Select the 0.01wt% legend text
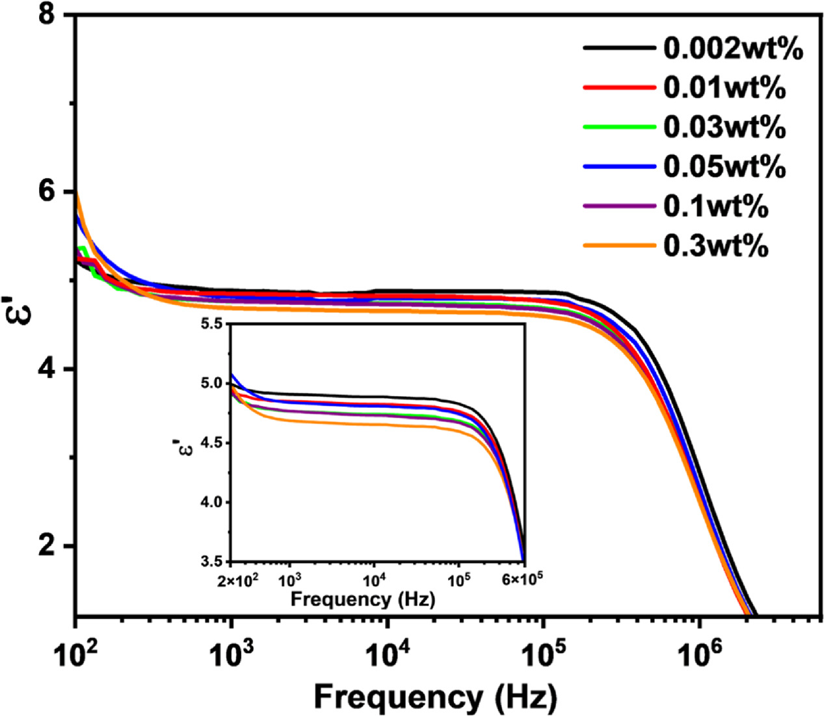[x=724, y=88]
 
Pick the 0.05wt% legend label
[x=724, y=166]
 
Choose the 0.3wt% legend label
[x=715, y=245]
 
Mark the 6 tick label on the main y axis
[x=47, y=192]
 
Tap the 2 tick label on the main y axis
[x=47, y=546]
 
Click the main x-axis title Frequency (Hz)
[x=436, y=697]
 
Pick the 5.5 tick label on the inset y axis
[x=213, y=324]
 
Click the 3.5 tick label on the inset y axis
[x=213, y=561]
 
